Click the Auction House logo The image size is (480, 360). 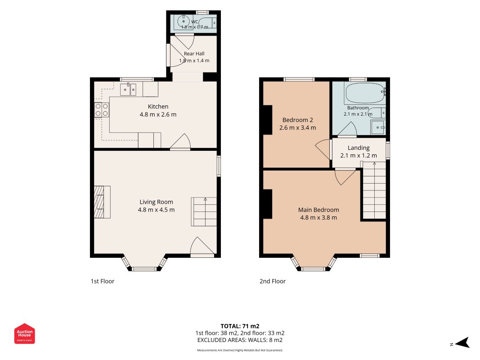tap(24, 333)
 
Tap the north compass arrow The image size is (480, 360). tap(462, 342)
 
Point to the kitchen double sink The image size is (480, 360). tap(128, 90)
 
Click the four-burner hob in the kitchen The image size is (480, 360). tap(102, 110)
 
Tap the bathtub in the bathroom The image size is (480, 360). tap(365, 93)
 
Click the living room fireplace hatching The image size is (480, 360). tap(99, 202)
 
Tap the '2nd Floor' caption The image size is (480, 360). tap(273, 281)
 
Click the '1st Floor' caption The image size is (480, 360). tap(102, 281)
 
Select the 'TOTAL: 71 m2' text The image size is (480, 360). tap(240, 326)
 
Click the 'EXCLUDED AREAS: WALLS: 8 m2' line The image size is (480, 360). tap(240, 340)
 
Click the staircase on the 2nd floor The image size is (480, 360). tap(374, 190)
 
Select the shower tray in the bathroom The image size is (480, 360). tap(378, 127)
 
